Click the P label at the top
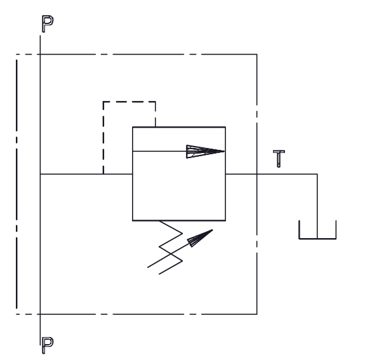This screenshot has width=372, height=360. click(x=48, y=23)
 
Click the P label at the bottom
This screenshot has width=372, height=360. click(x=48, y=345)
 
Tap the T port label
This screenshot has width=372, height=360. click(x=279, y=159)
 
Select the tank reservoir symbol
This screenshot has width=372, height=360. click(x=317, y=238)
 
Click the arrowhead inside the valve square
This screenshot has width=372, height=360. click(x=205, y=151)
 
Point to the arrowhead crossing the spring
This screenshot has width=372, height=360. click(x=200, y=238)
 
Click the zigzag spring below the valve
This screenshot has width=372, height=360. click(x=171, y=247)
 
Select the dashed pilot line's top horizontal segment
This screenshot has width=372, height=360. click(x=130, y=102)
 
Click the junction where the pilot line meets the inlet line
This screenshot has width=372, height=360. click(x=103, y=174)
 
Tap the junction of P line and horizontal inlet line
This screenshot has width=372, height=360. click(x=40, y=174)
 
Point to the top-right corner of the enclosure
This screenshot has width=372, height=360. click(x=256, y=55)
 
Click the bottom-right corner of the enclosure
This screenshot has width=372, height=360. click(x=256, y=314)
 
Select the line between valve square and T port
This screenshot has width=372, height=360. click(x=241, y=174)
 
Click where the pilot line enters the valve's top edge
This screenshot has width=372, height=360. click(x=156, y=127)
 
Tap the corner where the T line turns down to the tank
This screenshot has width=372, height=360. click(x=317, y=174)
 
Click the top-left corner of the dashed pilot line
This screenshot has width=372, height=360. click(x=103, y=102)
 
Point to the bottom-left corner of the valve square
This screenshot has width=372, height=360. click(x=133, y=220)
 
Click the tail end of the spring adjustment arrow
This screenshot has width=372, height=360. click(x=147, y=267)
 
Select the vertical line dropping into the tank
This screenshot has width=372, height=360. click(x=317, y=206)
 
